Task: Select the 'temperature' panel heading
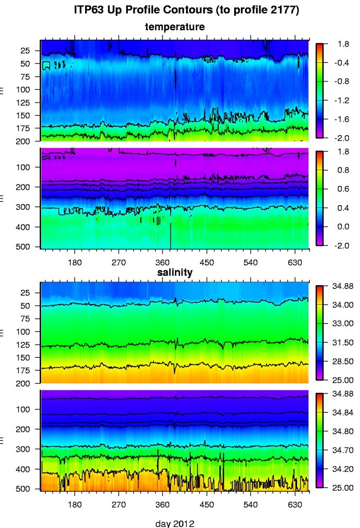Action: coord(175,26)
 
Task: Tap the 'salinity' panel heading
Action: coord(174,272)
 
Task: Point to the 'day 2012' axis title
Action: coord(175,523)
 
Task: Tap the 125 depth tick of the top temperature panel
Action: coord(26,102)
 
